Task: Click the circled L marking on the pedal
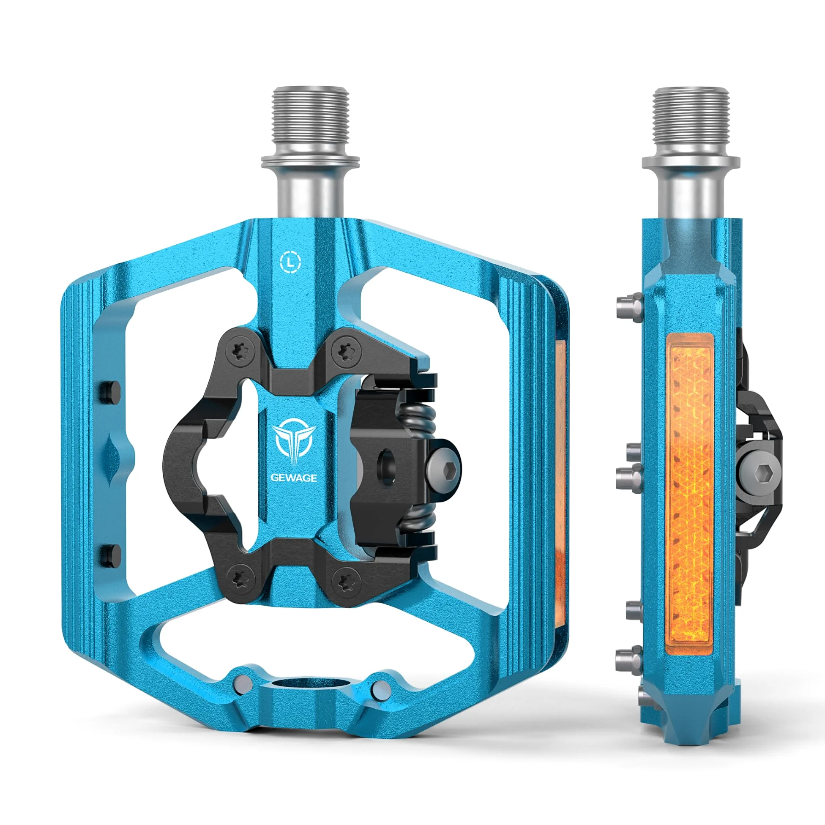pos(290,262)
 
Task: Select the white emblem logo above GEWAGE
pos(294,444)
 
